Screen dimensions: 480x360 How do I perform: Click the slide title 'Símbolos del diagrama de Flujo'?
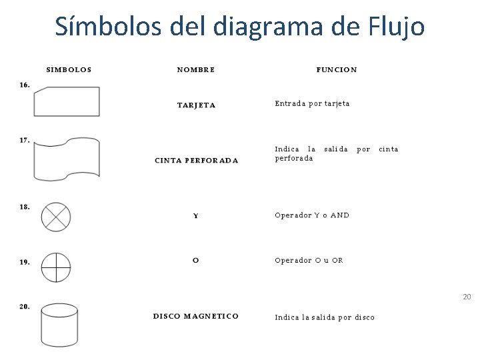(239, 27)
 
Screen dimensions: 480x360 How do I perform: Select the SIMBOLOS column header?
(69, 69)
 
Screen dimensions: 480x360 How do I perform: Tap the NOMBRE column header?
(196, 69)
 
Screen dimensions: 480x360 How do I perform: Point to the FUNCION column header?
(337, 69)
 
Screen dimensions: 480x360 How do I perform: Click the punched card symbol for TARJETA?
(67, 102)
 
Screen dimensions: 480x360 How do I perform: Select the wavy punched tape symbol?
(67, 159)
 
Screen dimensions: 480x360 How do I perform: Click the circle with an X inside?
(56, 217)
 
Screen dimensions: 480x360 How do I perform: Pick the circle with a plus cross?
(56, 267)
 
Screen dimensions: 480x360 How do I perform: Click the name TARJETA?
(196, 105)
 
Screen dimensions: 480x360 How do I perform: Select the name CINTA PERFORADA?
(196, 160)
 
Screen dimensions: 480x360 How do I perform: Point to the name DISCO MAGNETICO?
(196, 316)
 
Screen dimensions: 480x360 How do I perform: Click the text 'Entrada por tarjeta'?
(312, 103)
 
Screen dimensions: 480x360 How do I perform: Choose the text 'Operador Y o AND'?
(312, 215)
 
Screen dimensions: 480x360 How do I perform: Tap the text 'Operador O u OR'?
(309, 260)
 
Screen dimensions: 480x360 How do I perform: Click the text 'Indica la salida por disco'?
(325, 317)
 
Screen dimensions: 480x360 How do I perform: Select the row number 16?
(25, 85)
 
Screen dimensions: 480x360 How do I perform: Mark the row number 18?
(25, 207)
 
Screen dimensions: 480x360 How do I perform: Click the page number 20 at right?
(467, 297)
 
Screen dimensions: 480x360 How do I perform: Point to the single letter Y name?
(195, 216)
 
